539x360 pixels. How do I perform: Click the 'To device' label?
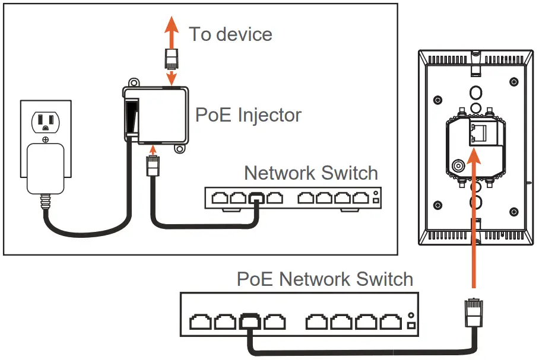coord(230,34)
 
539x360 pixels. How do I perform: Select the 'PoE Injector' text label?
coord(248,114)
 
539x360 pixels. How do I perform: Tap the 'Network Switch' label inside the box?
coord(310,173)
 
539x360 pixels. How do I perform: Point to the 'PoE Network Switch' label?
coord(325,279)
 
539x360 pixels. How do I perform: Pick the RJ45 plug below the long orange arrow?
coord(473,311)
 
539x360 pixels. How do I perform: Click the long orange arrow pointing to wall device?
coord(473,219)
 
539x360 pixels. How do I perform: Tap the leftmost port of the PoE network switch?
coord(200,322)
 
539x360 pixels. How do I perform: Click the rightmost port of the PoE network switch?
coord(390,322)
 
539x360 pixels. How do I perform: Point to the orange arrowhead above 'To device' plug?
coord(171,24)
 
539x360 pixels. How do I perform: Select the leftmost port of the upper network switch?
coord(221,198)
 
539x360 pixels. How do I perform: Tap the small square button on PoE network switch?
coord(411,326)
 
